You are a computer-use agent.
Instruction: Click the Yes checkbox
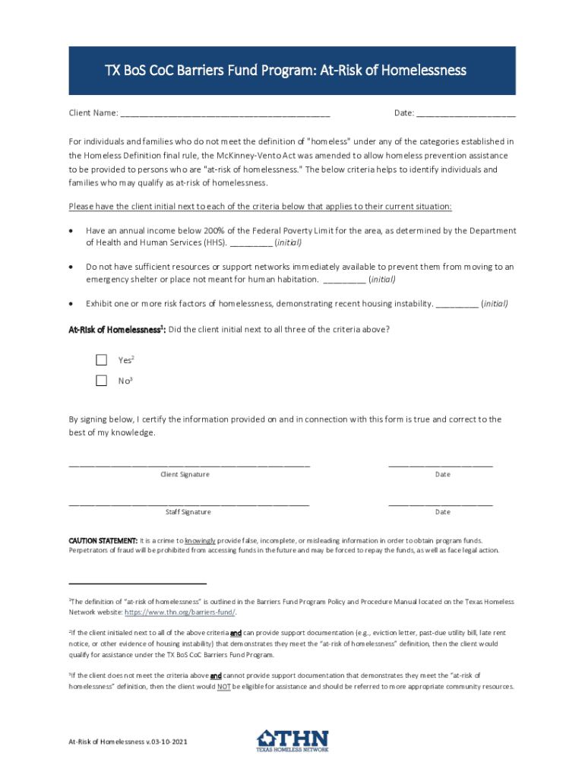tap(101, 359)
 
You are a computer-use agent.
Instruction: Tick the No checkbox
tap(101, 381)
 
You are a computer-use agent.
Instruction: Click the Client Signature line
tap(189, 463)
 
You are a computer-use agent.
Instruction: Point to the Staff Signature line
tap(189, 501)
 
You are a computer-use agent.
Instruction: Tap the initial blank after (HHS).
tap(251, 243)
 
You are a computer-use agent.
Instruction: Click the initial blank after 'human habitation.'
tap(344, 280)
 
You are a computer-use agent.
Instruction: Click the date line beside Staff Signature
tap(441, 501)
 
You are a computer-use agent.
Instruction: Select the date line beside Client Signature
tap(441, 463)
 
